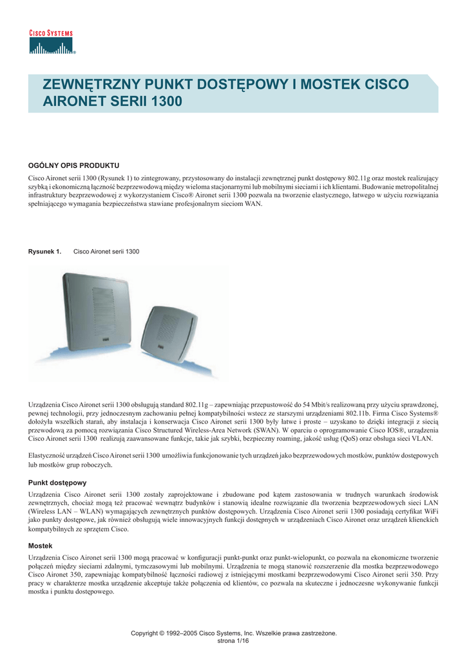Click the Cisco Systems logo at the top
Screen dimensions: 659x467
(52, 42)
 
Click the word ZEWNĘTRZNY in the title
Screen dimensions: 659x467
(90, 85)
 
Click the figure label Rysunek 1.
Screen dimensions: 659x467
(44, 251)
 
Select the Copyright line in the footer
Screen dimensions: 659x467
(233, 633)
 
